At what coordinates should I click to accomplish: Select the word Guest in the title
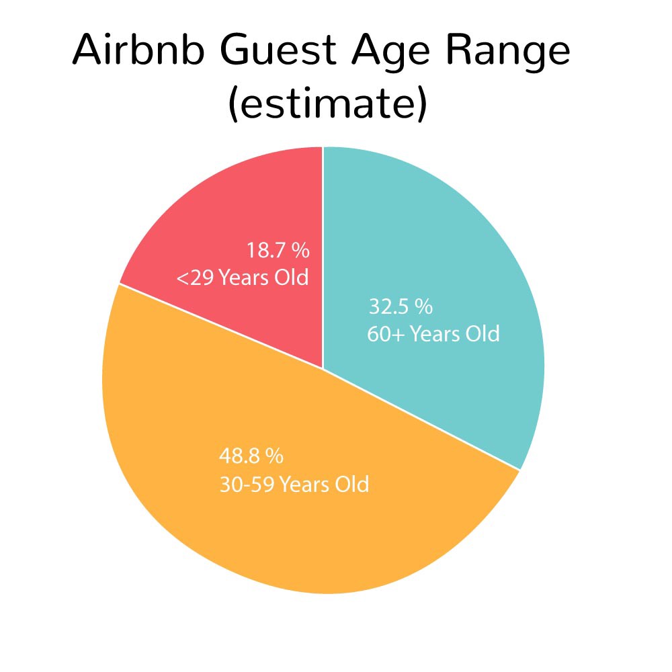click(x=279, y=50)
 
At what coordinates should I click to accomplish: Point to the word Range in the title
click(x=508, y=55)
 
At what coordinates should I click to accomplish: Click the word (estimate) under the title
click(x=328, y=103)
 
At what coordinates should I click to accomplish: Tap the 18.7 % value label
click(x=278, y=250)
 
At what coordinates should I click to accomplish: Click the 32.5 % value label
click(x=401, y=307)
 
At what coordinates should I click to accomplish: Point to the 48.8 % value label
click(x=251, y=456)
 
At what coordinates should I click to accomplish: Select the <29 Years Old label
click(x=243, y=278)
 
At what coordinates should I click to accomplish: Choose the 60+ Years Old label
click(x=433, y=334)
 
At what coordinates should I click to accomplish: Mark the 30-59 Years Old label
click(x=294, y=485)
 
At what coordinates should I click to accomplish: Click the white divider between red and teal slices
click(x=323, y=257)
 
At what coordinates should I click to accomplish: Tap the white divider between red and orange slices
click(x=221, y=326)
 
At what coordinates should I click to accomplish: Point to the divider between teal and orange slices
click(x=421, y=419)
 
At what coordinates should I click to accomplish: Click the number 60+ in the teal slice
click(x=385, y=334)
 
